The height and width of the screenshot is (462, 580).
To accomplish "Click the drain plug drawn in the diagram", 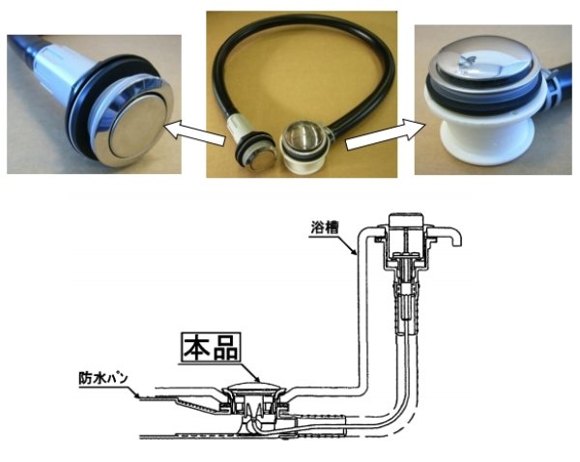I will pos(253,396).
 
